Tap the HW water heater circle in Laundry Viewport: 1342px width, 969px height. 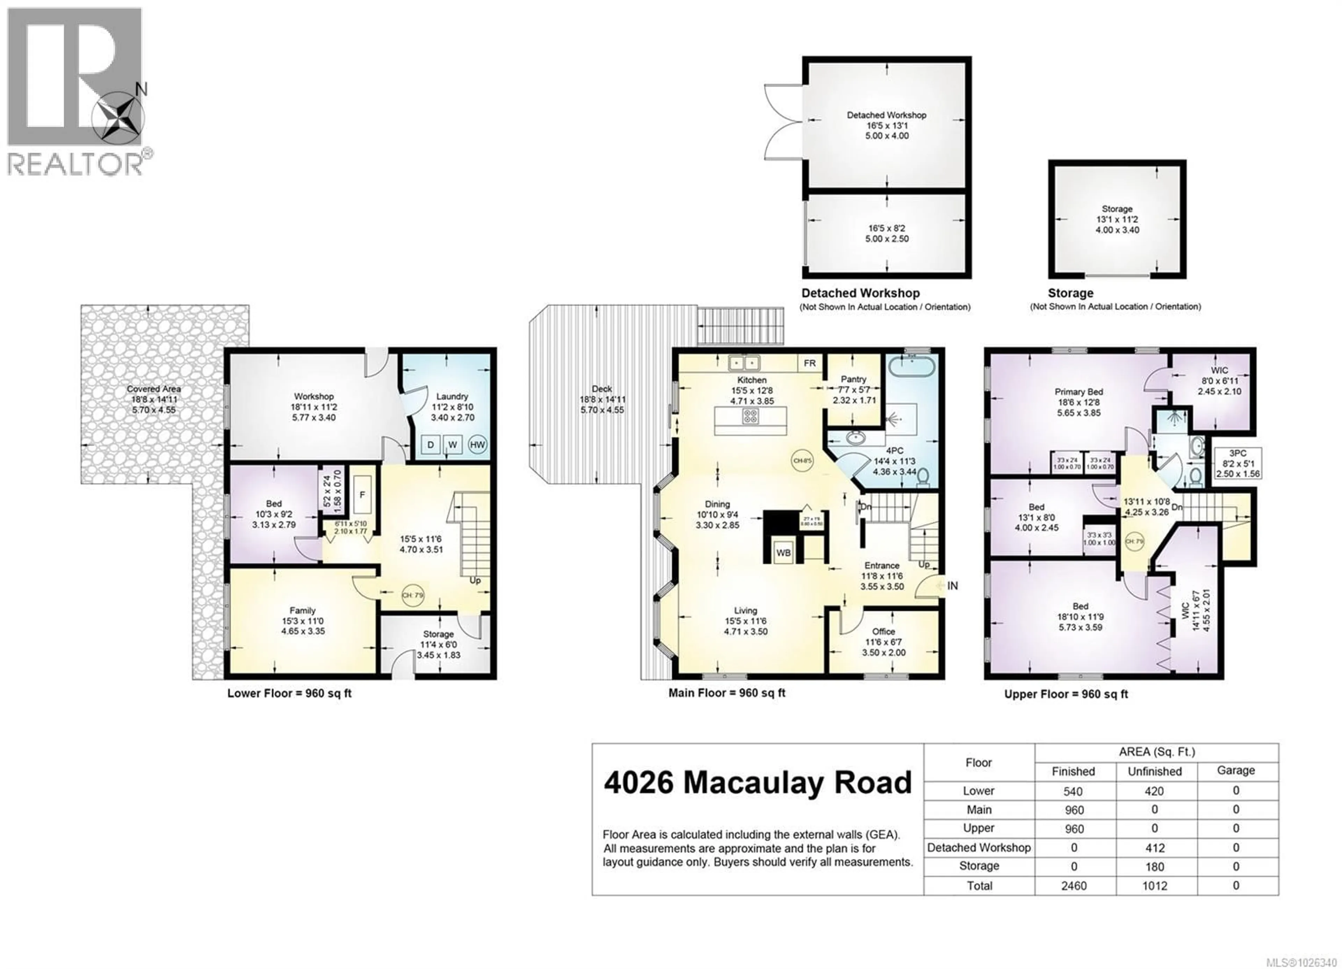click(x=477, y=445)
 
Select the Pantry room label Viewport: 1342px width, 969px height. click(x=853, y=379)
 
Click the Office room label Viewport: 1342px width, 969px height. click(x=883, y=632)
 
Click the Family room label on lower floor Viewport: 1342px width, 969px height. click(x=302, y=610)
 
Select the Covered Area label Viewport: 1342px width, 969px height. click(x=154, y=389)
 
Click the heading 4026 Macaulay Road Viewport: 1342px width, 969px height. click(x=758, y=783)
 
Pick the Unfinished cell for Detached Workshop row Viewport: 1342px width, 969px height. click(x=1154, y=848)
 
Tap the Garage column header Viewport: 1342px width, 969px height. click(x=1235, y=770)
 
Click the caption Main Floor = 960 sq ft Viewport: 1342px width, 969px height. click(x=727, y=692)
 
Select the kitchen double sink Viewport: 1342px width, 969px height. click(x=743, y=362)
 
